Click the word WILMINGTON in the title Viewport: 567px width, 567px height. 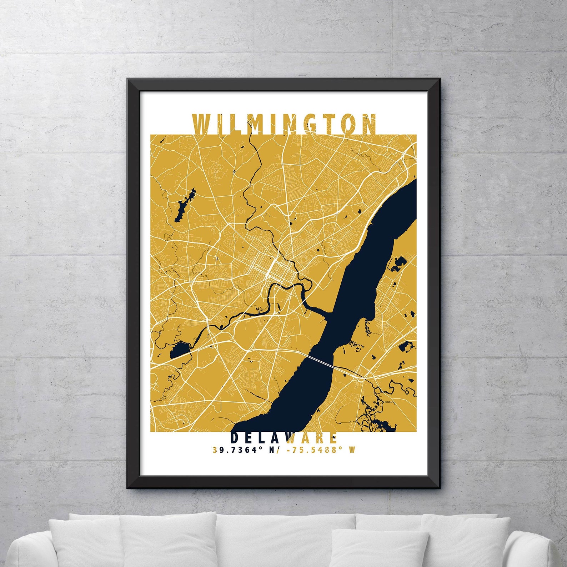(284, 124)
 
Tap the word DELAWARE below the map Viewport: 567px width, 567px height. (284, 438)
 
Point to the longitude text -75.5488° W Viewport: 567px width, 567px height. (321, 450)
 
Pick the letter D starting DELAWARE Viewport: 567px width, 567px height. (235, 438)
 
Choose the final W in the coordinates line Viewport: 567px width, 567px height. (352, 450)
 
